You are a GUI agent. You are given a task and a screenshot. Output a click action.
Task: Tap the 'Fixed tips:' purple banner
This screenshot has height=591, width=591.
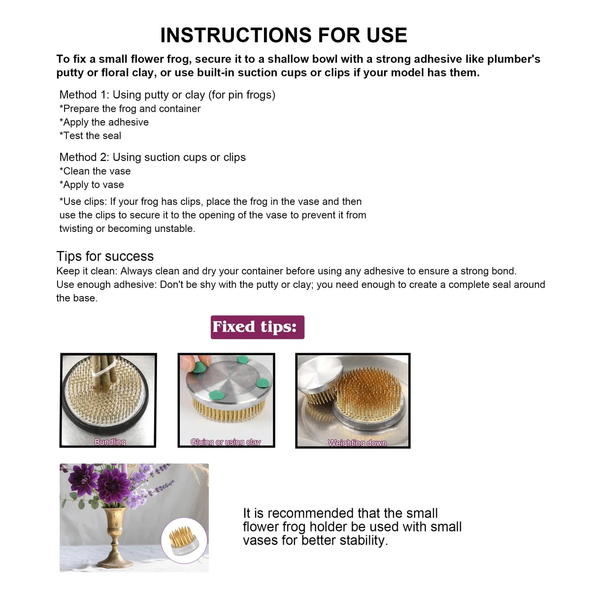(x=257, y=327)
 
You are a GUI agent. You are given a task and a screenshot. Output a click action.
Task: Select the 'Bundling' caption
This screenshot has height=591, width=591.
(x=110, y=442)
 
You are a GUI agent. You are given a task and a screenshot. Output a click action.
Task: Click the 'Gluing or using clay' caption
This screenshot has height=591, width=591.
(x=226, y=442)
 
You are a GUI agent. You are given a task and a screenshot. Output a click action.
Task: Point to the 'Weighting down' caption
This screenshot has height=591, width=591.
(x=357, y=443)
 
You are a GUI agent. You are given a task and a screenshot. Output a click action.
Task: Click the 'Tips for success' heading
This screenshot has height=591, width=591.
(x=105, y=256)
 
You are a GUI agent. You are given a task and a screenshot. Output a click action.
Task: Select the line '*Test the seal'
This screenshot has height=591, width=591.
(x=90, y=135)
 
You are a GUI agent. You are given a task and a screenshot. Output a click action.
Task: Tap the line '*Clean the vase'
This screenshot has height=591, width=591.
(x=95, y=171)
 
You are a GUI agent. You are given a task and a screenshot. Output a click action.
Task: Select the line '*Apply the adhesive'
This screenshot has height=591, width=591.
(x=104, y=122)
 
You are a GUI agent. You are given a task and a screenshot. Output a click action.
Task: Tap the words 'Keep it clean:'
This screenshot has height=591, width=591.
(x=87, y=271)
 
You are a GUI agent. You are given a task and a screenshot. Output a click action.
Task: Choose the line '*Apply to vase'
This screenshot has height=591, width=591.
(x=92, y=185)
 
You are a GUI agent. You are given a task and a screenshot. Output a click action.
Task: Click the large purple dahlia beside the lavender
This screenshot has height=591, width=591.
(x=114, y=486)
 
